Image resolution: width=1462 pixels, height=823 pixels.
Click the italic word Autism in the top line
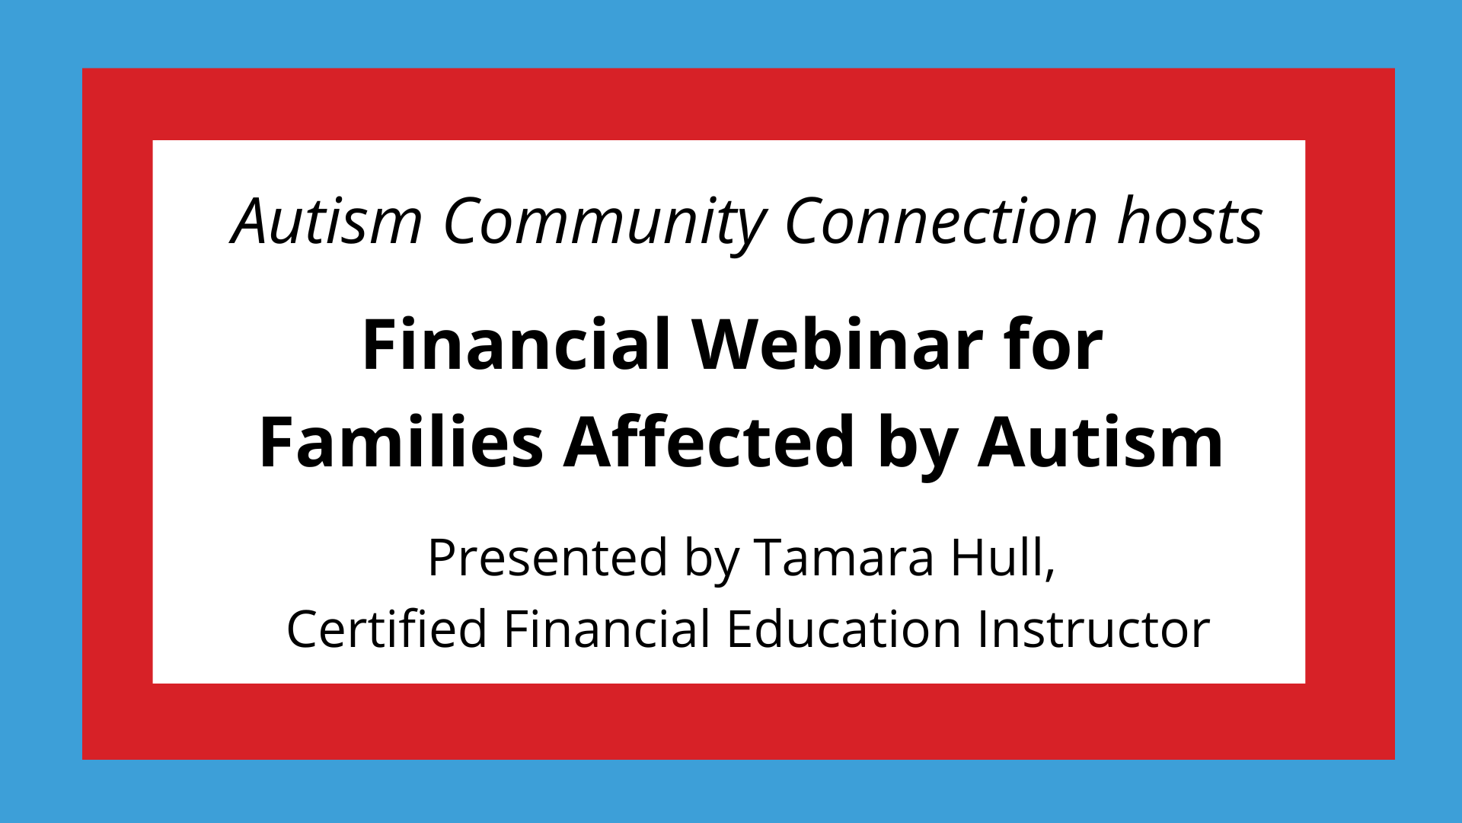[327, 221]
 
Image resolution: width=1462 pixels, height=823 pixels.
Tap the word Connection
[941, 221]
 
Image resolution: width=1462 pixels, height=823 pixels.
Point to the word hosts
[1190, 221]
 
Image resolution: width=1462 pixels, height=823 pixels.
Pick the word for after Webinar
[1053, 344]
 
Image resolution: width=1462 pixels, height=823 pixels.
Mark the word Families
[401, 442]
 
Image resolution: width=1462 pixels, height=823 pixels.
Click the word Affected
[710, 442]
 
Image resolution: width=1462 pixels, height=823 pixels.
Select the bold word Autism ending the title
[1100, 442]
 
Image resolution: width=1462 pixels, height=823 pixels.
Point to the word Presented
[548, 557]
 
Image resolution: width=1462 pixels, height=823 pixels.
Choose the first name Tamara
[844, 557]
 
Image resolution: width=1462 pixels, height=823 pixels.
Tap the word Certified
[387, 629]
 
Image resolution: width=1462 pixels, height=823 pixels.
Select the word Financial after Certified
[608, 629]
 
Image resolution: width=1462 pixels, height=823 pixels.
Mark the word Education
[844, 629]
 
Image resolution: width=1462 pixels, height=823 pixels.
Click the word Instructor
[1094, 629]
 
